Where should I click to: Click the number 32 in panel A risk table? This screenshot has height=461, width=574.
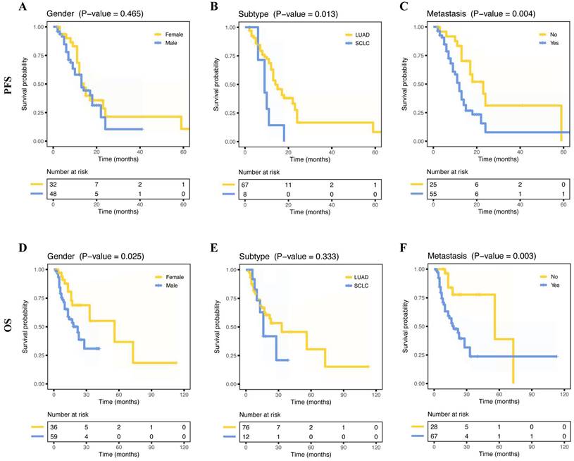click(x=53, y=184)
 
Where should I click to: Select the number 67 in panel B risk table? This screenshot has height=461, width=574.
click(x=244, y=184)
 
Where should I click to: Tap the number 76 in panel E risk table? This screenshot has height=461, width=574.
click(x=244, y=426)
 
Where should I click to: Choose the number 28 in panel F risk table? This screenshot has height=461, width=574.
click(x=435, y=426)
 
